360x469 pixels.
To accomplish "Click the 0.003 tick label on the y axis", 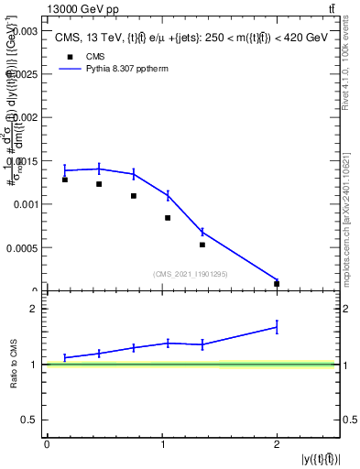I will pyautogui.click(x=25, y=30).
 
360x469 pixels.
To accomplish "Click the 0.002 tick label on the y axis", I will pyautogui.click(x=25, y=117).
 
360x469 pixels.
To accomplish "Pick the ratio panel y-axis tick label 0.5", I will pyautogui.click(x=30, y=420).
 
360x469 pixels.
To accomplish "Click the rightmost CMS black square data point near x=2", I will pyautogui.click(x=277, y=284).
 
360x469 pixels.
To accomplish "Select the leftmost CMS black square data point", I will pyautogui.click(x=65, y=180).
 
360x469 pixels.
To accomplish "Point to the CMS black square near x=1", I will pyautogui.click(x=168, y=218).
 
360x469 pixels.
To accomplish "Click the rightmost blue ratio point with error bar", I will pyautogui.click(x=277, y=326).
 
